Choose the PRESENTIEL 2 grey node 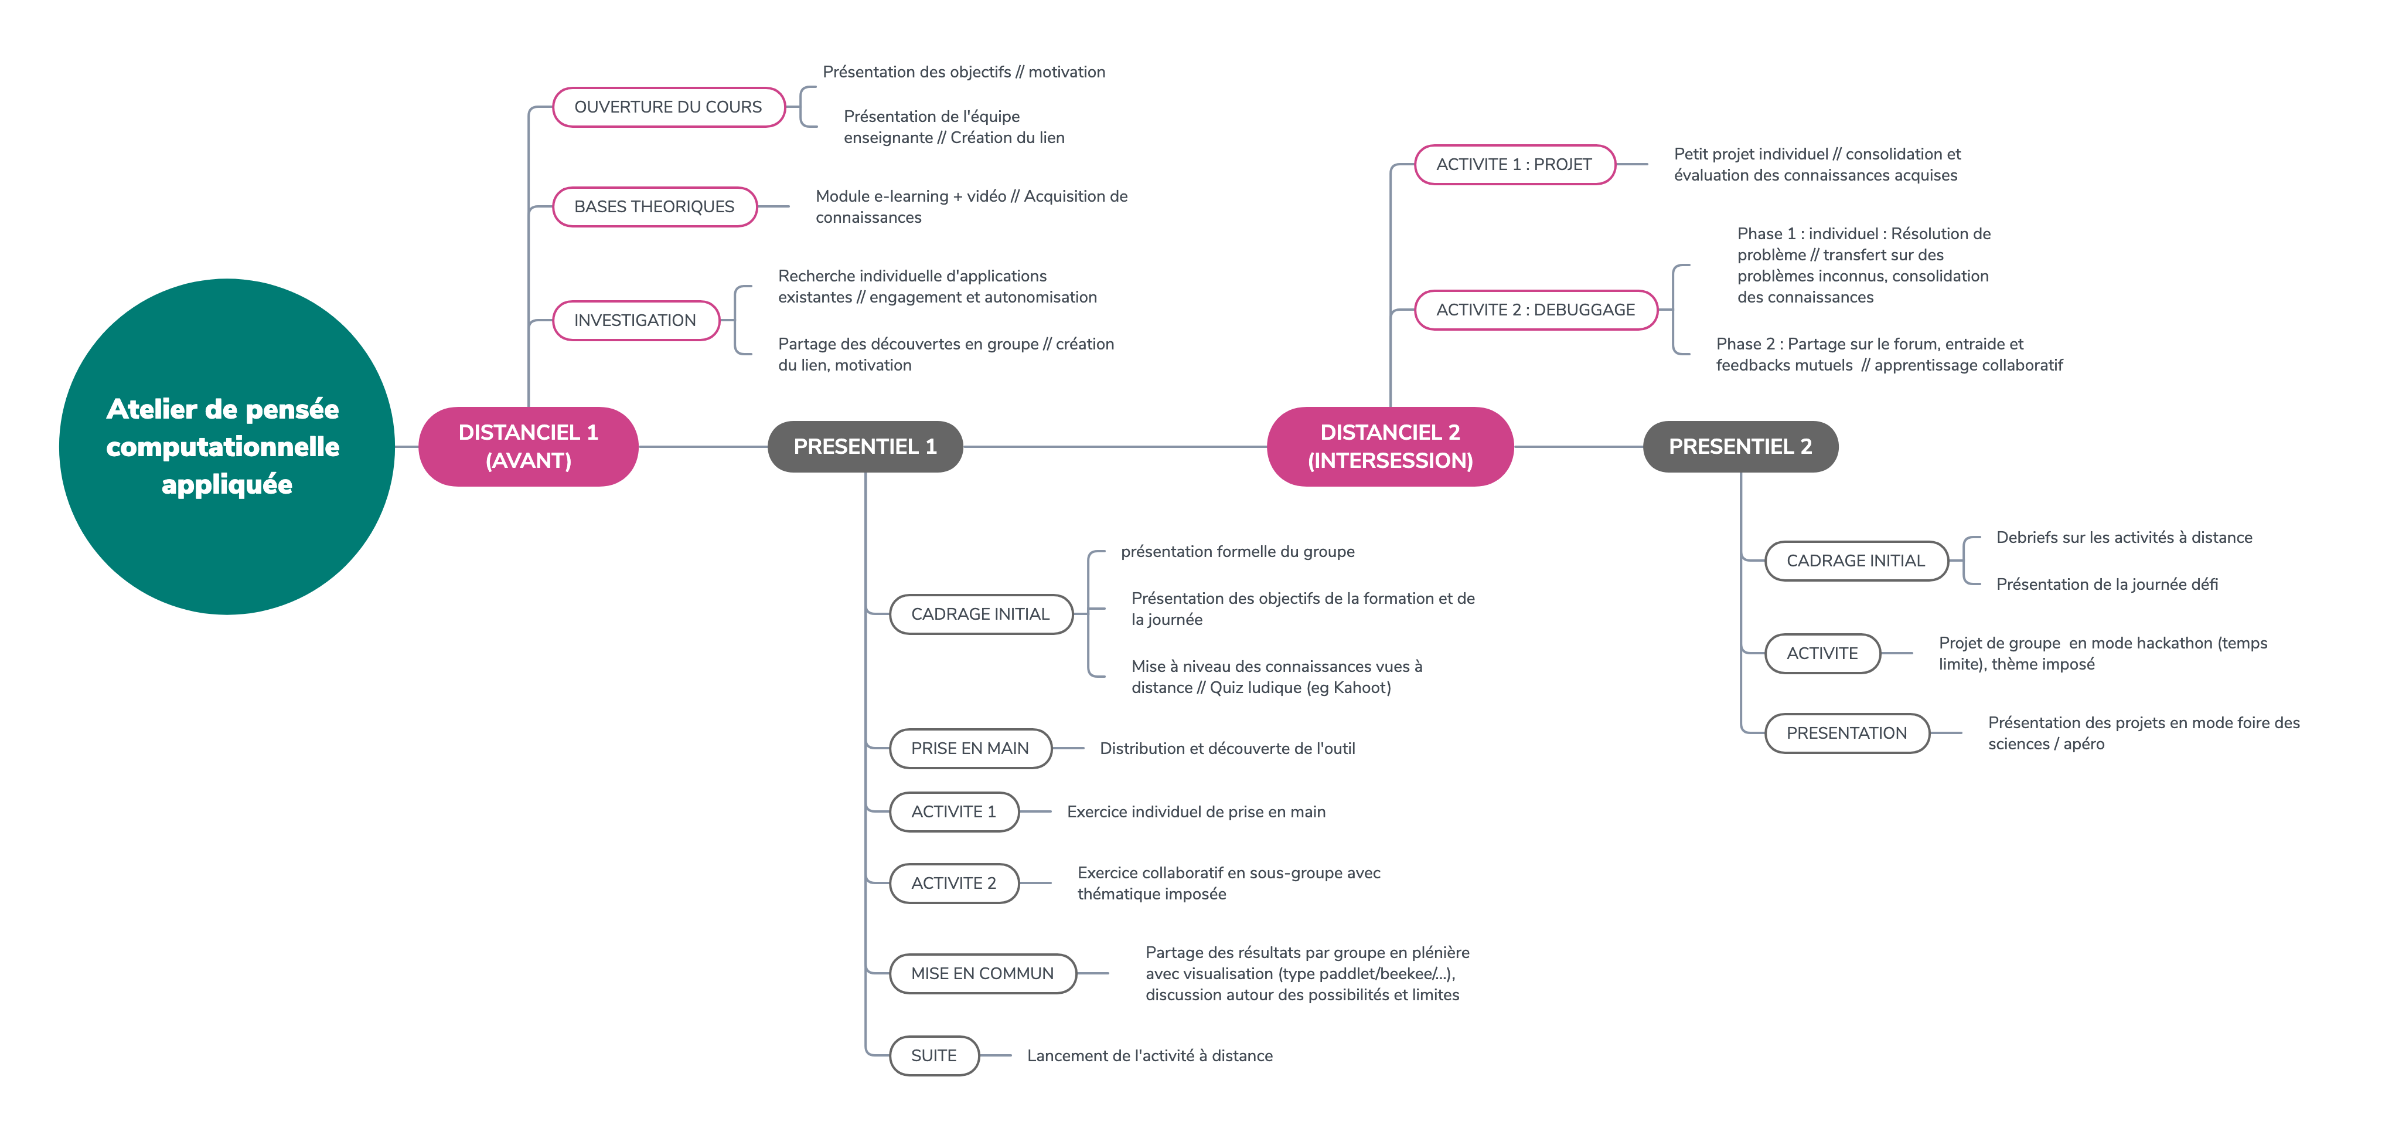(x=1740, y=447)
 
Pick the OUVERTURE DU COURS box (x=669, y=107)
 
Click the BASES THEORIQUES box (x=655, y=206)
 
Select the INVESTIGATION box (x=635, y=321)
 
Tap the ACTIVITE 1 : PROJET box (x=1515, y=164)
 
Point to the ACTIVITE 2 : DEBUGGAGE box (x=1536, y=310)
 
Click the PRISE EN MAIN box (x=970, y=749)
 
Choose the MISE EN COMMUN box (x=983, y=973)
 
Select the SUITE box (x=934, y=1056)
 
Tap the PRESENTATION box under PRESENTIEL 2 (x=1847, y=733)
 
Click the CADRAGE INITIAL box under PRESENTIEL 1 (x=980, y=614)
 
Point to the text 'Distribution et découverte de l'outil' (x=1228, y=749)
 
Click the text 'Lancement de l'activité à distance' (x=1150, y=1056)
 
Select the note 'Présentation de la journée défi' (x=2107, y=584)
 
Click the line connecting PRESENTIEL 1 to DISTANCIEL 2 (x=1115, y=447)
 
